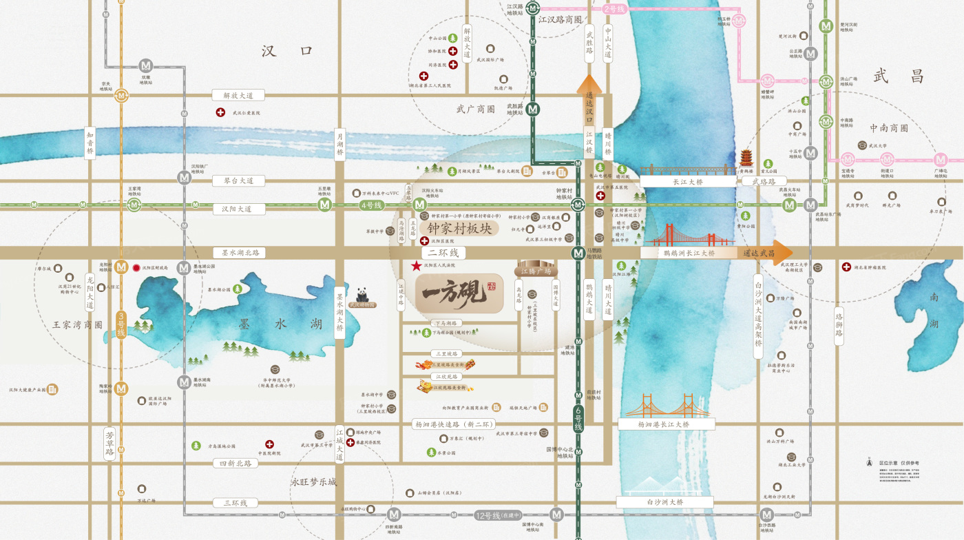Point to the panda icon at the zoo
(x=363, y=294)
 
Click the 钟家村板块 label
(x=460, y=228)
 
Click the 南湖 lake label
(x=934, y=310)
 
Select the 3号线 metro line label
(x=121, y=326)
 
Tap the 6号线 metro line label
(x=578, y=419)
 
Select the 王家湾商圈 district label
(x=77, y=324)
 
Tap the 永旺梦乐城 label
(x=314, y=482)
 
